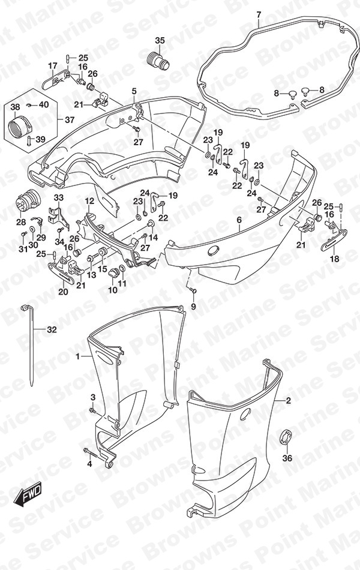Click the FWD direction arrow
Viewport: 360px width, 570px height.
click(x=28, y=494)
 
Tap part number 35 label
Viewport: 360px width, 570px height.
click(x=160, y=41)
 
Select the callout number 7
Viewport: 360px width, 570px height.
click(x=259, y=15)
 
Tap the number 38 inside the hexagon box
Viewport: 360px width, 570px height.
click(x=15, y=107)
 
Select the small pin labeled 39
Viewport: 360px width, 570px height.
click(x=29, y=140)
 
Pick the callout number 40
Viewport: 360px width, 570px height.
click(x=44, y=104)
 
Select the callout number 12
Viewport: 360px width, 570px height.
click(x=89, y=200)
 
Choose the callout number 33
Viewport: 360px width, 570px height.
click(x=59, y=198)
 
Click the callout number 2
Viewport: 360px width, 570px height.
click(x=289, y=401)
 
